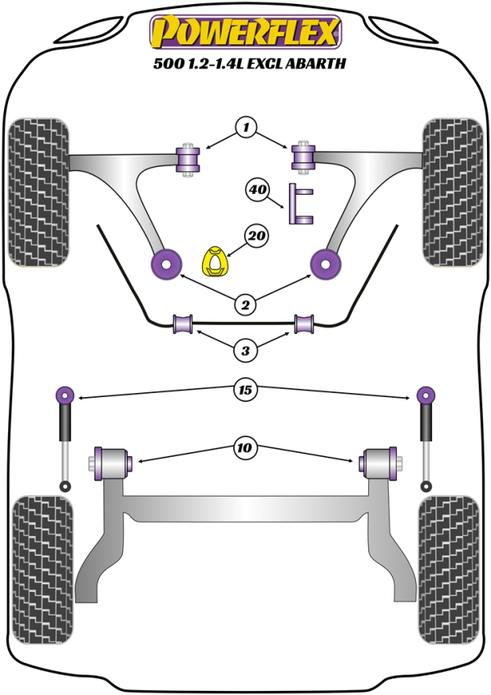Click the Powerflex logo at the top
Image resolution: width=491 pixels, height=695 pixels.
[x=245, y=33]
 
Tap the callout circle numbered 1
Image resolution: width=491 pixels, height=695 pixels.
[x=245, y=127]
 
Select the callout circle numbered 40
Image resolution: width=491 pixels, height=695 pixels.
[x=258, y=191]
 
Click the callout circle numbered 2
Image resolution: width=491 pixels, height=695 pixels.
[x=245, y=305]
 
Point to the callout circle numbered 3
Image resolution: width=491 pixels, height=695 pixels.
[x=245, y=351]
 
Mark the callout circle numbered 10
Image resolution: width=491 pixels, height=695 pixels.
[x=245, y=448]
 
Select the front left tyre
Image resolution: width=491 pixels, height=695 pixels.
[x=38, y=192]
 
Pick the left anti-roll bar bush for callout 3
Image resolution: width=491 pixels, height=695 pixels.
[x=182, y=324]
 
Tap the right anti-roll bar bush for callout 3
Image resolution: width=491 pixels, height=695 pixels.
[x=306, y=324]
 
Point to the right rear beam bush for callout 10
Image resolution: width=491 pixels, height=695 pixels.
[x=380, y=463]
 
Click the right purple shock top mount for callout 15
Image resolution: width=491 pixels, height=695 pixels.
[x=425, y=395]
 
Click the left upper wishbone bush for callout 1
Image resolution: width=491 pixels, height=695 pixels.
[x=189, y=157]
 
